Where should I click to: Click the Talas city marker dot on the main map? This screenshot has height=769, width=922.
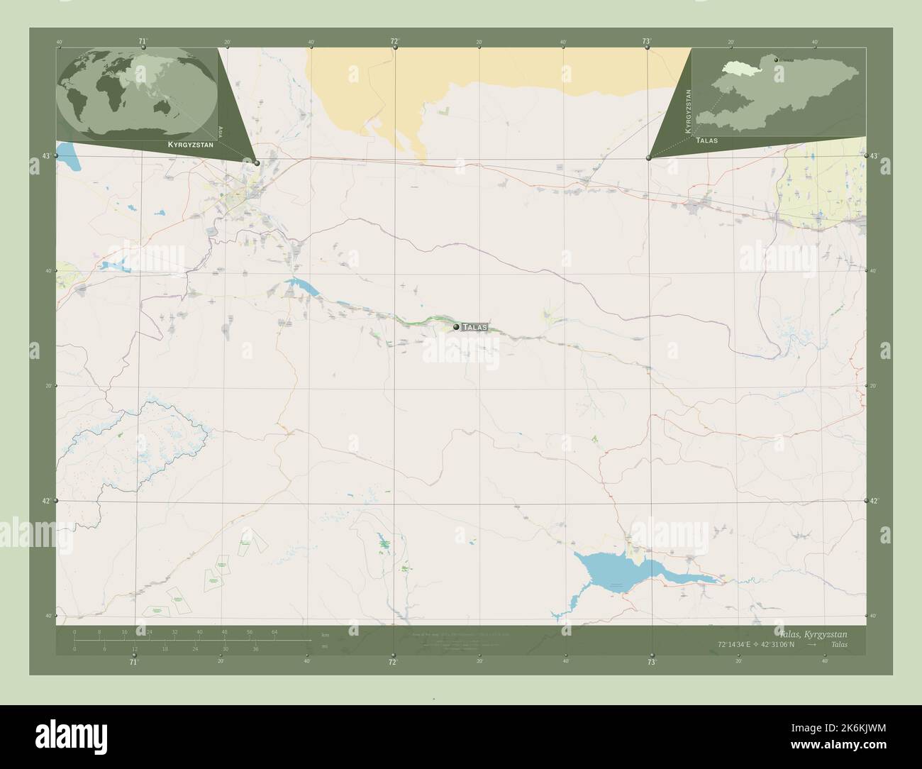click(456, 327)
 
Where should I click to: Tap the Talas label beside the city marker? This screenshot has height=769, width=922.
click(474, 327)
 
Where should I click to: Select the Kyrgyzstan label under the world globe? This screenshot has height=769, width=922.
click(191, 144)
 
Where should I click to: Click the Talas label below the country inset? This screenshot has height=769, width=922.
click(707, 140)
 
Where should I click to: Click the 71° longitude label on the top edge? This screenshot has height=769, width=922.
click(143, 42)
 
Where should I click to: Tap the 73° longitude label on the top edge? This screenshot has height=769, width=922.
click(647, 42)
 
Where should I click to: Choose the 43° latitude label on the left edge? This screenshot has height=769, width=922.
click(46, 155)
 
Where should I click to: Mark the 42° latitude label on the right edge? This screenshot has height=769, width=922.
click(875, 501)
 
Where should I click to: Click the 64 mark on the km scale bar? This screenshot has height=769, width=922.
click(274, 631)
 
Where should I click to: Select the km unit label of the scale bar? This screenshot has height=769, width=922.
click(326, 634)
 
